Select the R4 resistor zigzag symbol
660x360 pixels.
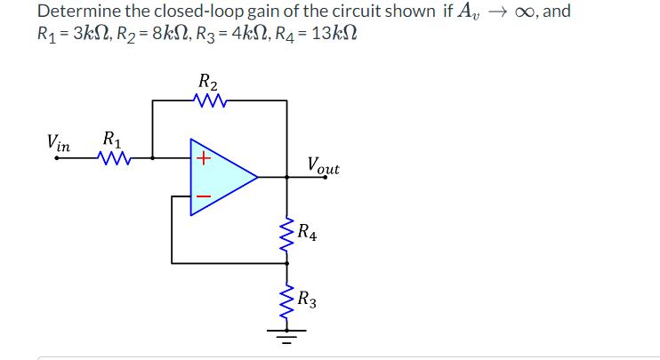click(286, 235)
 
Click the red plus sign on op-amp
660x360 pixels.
click(203, 159)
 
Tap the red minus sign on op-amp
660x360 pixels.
click(203, 195)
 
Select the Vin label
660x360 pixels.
click(60, 142)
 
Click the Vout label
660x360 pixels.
click(322, 164)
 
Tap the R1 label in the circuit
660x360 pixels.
click(113, 140)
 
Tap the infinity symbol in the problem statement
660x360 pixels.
click(526, 12)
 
